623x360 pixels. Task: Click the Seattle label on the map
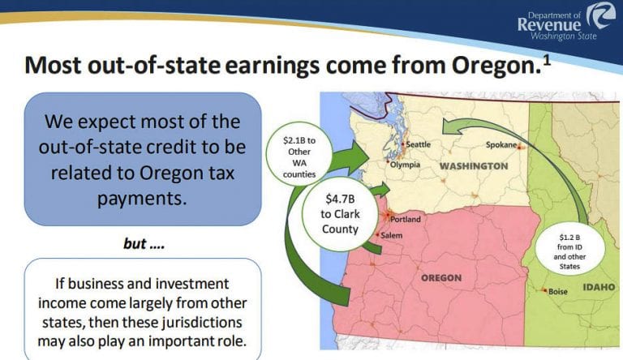(x=418, y=144)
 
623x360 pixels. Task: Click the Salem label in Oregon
(x=392, y=235)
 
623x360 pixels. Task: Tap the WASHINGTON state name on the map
(x=474, y=166)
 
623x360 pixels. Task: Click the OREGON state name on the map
(x=441, y=277)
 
